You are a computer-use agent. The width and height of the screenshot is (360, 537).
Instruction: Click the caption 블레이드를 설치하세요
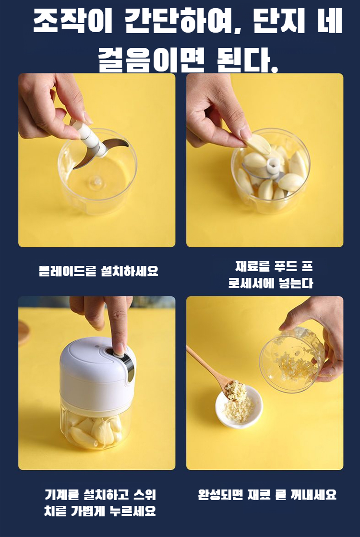click(x=98, y=271)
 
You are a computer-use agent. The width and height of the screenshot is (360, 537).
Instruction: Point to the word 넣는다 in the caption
click(x=296, y=283)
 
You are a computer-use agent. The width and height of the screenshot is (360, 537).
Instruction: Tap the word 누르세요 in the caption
click(x=132, y=511)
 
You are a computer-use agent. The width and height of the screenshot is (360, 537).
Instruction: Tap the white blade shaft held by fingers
click(x=90, y=137)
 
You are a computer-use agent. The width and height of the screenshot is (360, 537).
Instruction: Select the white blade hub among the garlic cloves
click(x=273, y=165)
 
